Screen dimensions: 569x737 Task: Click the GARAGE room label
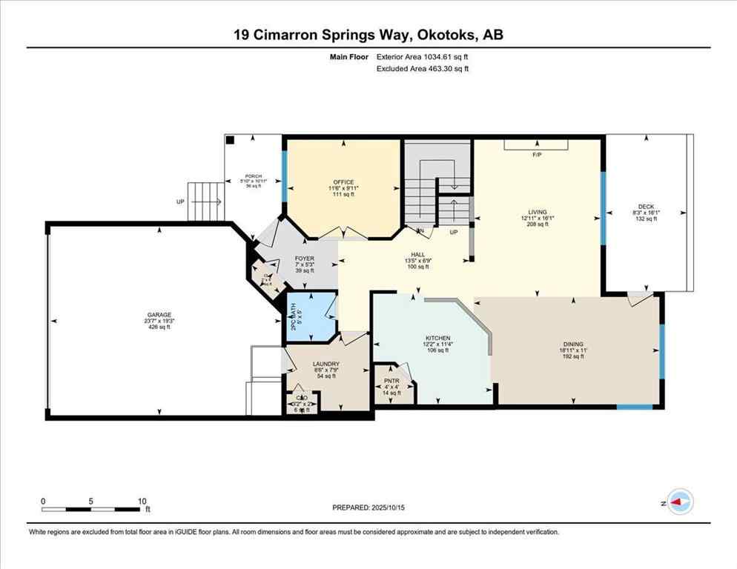(159, 315)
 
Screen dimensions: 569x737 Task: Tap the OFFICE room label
(343, 182)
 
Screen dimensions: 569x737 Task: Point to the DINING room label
(572, 345)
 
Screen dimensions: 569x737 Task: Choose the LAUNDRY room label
(326, 364)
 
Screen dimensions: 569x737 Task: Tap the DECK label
(647, 207)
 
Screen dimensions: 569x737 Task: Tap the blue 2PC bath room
(310, 317)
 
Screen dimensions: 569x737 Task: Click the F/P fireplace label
(538, 156)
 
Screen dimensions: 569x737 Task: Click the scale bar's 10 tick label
(142, 501)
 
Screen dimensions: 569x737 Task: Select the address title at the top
(368, 35)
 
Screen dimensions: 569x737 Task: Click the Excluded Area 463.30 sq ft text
(423, 68)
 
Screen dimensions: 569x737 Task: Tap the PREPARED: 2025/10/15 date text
(368, 508)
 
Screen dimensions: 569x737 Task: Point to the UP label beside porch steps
(180, 202)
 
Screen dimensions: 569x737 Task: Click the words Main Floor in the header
(349, 56)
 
